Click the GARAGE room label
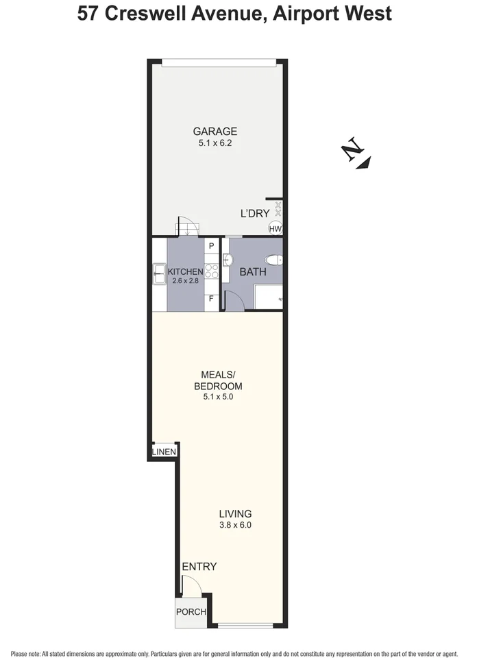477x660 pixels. click(215, 132)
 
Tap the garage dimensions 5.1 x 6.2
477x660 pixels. click(215, 144)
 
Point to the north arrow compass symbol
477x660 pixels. click(357, 153)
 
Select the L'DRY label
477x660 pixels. click(254, 213)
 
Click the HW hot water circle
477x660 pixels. click(276, 228)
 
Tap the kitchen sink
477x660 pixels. click(158, 273)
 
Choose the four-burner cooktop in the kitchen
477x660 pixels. click(211, 271)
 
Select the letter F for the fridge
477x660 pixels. click(211, 300)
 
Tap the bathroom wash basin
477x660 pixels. click(229, 258)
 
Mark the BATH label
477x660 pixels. click(252, 272)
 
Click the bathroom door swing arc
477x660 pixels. click(234, 299)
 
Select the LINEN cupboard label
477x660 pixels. click(164, 452)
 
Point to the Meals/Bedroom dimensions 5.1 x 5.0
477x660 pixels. click(217, 396)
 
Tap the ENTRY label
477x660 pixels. click(199, 567)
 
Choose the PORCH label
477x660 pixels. click(191, 612)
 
